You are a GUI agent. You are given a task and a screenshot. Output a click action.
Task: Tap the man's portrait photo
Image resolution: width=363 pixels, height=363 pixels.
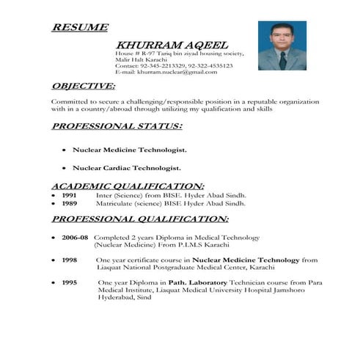click(282, 45)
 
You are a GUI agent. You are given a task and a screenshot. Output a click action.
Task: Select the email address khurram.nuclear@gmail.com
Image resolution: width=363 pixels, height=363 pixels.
click(176, 72)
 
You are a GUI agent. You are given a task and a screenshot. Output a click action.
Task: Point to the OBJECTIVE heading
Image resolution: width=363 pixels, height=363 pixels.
click(88, 86)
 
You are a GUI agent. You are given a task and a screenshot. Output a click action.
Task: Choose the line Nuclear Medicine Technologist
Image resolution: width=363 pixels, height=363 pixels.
click(129, 150)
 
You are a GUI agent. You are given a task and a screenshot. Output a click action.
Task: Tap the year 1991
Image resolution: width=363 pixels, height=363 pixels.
click(69, 196)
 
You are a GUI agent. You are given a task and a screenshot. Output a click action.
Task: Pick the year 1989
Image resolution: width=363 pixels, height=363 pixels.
click(69, 205)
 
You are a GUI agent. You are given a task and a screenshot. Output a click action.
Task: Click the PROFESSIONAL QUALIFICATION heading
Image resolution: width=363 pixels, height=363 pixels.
click(139, 219)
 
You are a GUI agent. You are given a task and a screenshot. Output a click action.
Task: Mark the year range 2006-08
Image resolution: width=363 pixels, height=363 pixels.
click(75, 238)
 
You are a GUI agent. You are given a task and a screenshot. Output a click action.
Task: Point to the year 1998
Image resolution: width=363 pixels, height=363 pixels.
click(70, 260)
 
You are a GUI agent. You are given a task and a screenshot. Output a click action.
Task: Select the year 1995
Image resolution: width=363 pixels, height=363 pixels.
click(70, 282)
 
